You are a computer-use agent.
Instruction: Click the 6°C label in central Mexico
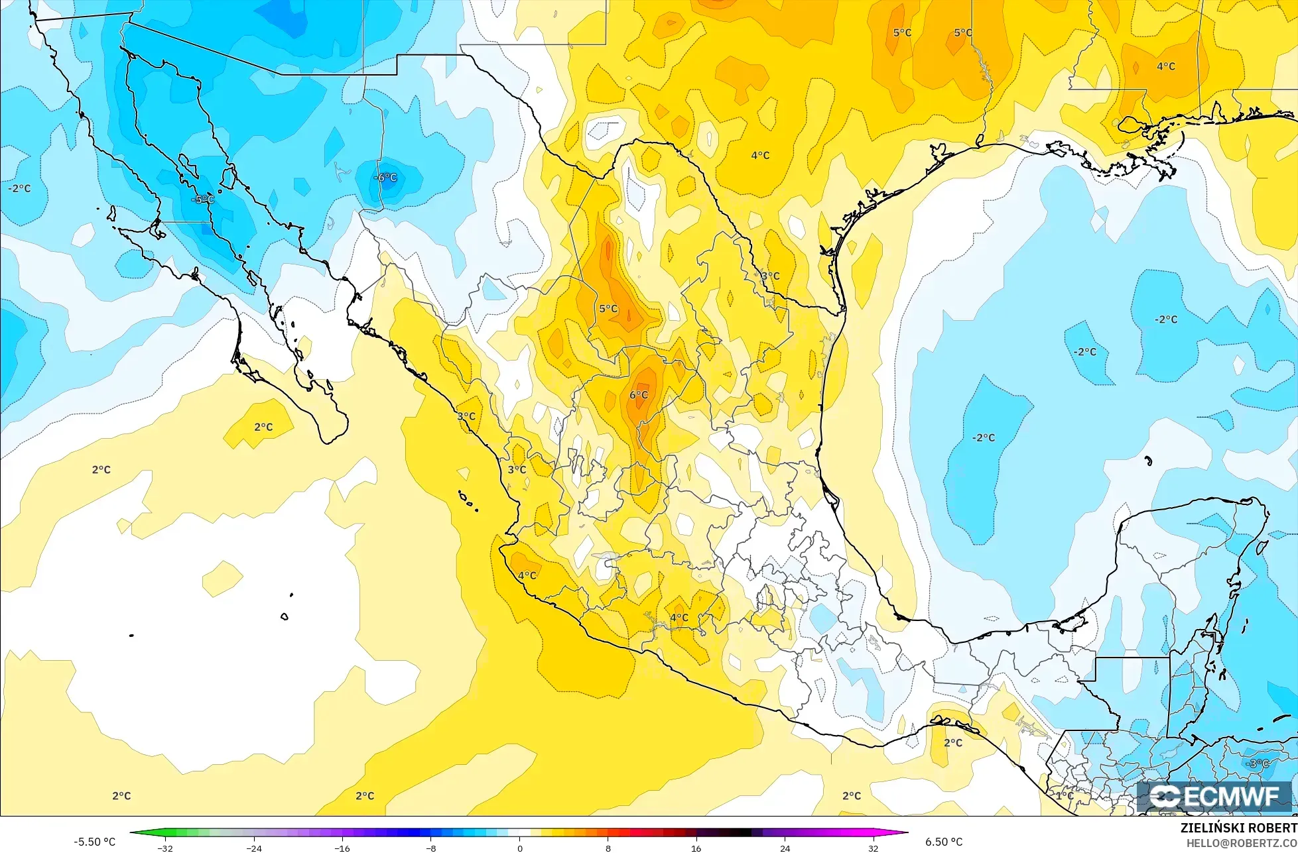coord(638,395)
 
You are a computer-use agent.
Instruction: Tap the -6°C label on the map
coord(386,178)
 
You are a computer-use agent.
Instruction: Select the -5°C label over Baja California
coord(203,199)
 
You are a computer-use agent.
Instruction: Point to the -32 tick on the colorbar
coord(165,848)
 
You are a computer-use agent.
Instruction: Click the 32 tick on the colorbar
coord(874,848)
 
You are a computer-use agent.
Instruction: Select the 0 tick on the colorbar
coord(519,848)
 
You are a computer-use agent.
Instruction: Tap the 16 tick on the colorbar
coord(696,848)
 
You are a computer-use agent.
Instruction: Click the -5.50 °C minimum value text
coord(94,842)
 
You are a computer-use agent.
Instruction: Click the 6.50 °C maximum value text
coord(944,842)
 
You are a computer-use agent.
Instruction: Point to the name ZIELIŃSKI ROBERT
coord(1238,828)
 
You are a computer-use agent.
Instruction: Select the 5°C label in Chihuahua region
coord(608,309)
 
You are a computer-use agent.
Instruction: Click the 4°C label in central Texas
coord(760,156)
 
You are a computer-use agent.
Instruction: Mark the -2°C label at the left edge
coord(19,188)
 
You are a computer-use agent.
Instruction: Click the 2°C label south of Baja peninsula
coord(263,427)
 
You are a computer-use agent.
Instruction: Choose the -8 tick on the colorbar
coord(430,848)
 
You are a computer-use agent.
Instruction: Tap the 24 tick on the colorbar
coord(785,848)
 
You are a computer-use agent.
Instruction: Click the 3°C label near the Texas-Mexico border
coord(770,276)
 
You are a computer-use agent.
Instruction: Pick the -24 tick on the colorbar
coord(253,848)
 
